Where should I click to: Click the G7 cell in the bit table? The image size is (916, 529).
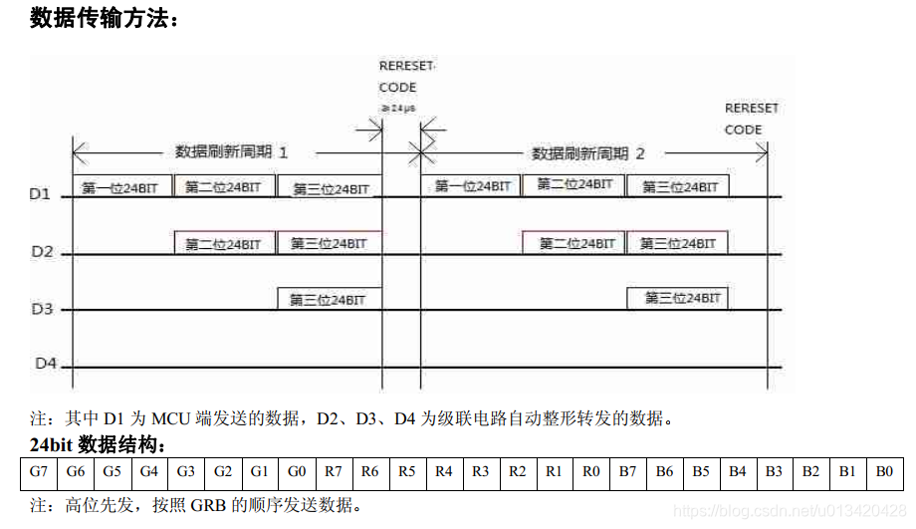pyautogui.click(x=39, y=471)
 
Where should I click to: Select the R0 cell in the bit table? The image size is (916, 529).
pyautogui.click(x=591, y=471)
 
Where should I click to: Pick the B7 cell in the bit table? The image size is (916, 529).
pyautogui.click(x=627, y=471)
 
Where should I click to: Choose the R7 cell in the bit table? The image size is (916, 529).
pyautogui.click(x=333, y=471)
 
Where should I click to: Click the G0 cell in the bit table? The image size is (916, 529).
pyautogui.click(x=296, y=471)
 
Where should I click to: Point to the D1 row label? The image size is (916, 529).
pyautogui.click(x=39, y=194)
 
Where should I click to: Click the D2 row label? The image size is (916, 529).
pyautogui.click(x=41, y=252)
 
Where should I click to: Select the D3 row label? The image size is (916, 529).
pyautogui.click(x=41, y=309)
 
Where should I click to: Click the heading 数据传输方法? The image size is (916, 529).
pyautogui.click(x=104, y=18)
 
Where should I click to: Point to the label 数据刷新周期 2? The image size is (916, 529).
pyautogui.click(x=587, y=153)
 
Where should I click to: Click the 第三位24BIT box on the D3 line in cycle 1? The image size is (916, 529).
pyautogui.click(x=328, y=298)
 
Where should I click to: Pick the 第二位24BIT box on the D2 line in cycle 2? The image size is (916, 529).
pyautogui.click(x=573, y=243)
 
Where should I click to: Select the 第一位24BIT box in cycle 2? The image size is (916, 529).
pyautogui.click(x=472, y=185)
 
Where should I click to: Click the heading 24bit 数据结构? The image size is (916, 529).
pyautogui.click(x=98, y=444)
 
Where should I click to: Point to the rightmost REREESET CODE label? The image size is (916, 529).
pyautogui.click(x=751, y=119)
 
